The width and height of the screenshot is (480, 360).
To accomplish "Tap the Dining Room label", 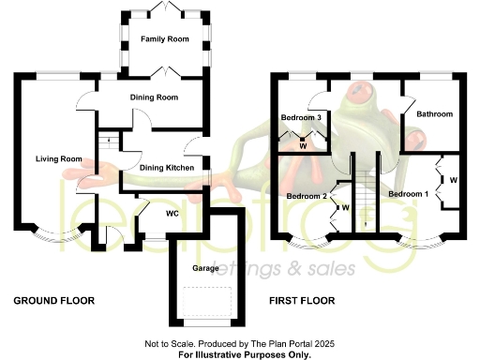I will pos(154,97).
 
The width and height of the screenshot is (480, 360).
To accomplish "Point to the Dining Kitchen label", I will pos(167,168).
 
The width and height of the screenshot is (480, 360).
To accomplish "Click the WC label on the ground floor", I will pos(172,213).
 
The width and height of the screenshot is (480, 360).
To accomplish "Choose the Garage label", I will pos(205,267).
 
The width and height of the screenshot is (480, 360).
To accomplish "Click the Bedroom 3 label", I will pos(302,117).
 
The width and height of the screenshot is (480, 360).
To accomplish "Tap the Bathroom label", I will pos(434,114).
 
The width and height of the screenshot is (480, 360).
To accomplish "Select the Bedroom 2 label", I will pos(307,196).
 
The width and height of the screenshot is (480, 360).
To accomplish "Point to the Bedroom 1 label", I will pos(409,193).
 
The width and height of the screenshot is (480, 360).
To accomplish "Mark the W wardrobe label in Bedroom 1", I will pos(453,179).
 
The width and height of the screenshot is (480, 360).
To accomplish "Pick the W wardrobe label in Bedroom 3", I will pos(303,145).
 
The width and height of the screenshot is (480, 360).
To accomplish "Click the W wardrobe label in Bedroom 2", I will pos(345,207).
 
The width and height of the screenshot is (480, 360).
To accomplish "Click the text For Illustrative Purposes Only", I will pos(244,354).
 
